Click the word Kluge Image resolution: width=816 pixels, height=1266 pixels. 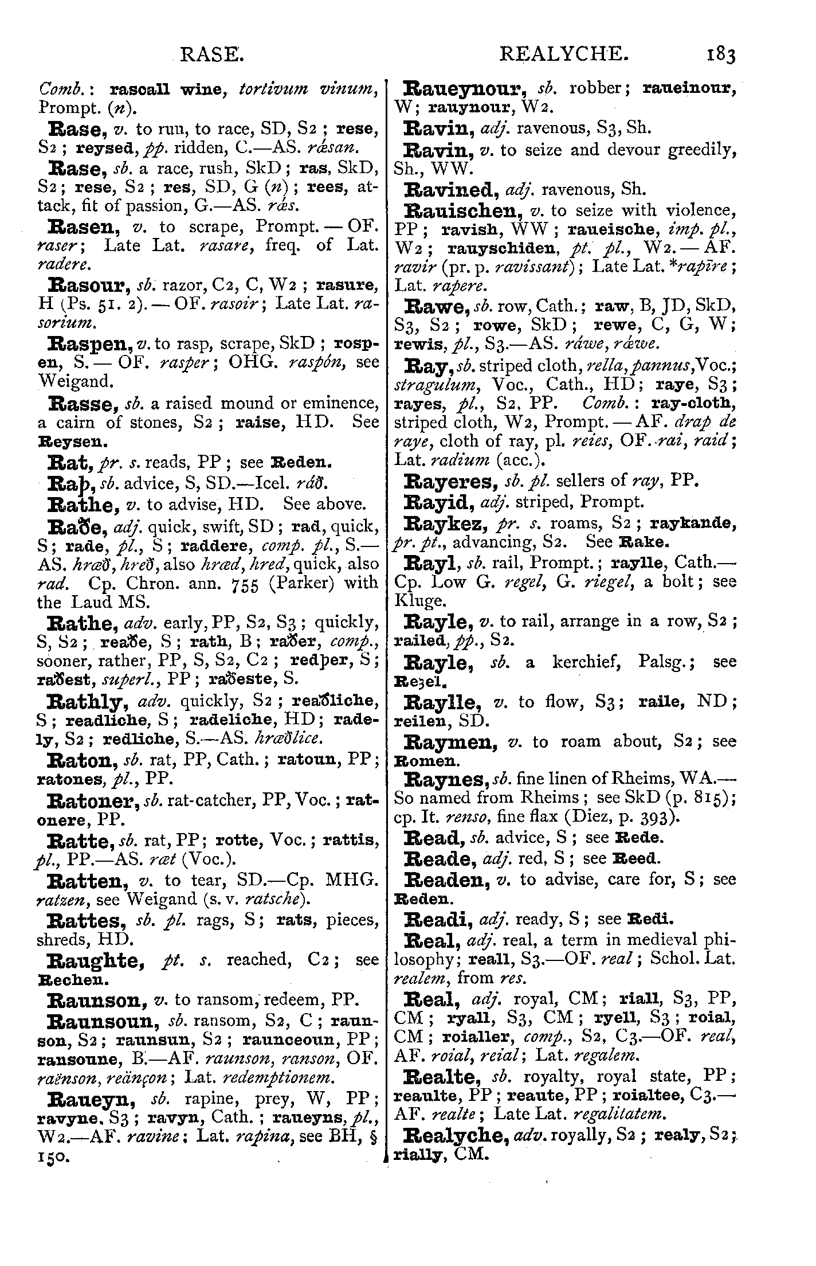(417, 601)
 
